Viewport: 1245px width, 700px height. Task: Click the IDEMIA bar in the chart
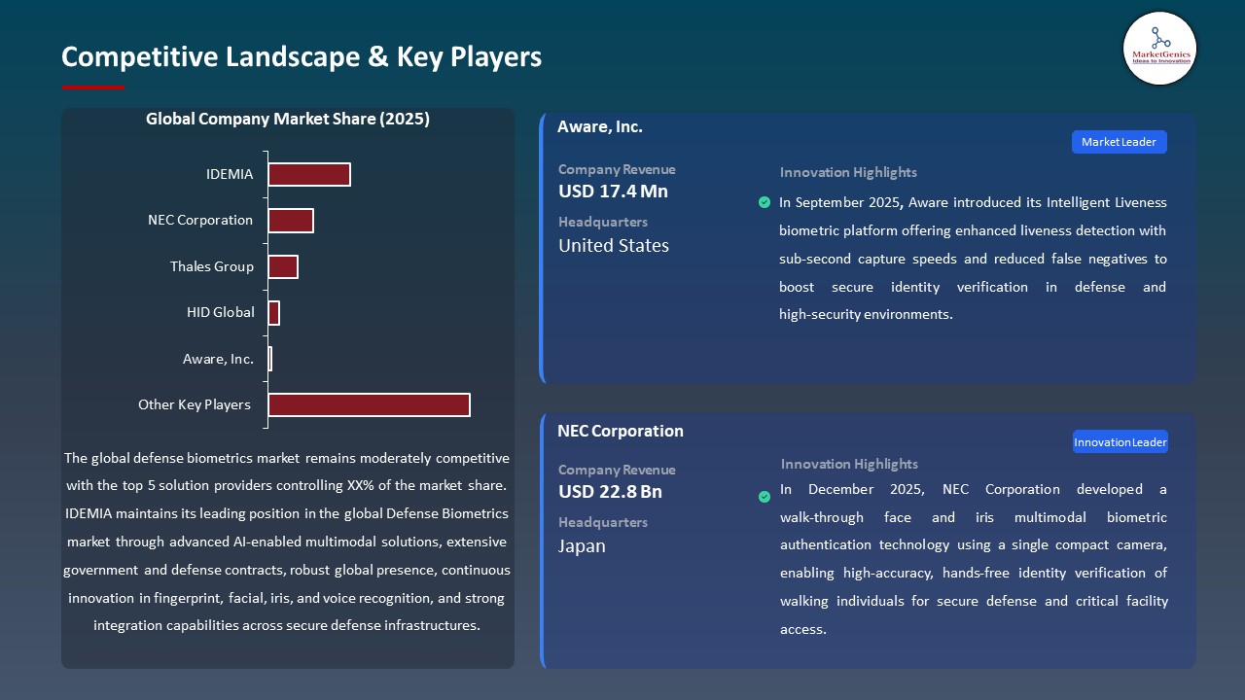click(308, 174)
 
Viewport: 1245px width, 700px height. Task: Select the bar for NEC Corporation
click(290, 221)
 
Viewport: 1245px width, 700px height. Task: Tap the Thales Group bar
click(282, 266)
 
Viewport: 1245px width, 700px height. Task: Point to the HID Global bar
click(273, 313)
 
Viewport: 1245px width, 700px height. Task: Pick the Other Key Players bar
click(369, 404)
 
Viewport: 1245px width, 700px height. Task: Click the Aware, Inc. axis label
click(218, 359)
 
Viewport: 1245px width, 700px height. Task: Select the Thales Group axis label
click(211, 266)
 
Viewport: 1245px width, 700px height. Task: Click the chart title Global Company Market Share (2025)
click(288, 119)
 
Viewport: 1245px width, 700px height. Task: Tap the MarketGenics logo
click(1159, 48)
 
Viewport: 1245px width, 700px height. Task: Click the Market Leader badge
click(1119, 142)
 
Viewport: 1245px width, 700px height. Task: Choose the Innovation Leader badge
click(1120, 442)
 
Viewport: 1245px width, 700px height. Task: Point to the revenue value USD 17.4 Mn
click(613, 192)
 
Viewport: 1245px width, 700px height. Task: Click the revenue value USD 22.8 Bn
click(610, 492)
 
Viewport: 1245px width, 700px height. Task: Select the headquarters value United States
click(614, 246)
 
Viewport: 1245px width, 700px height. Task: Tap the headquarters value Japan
click(582, 546)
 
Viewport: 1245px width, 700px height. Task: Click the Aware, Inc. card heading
click(600, 126)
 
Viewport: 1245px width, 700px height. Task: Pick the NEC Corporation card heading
click(621, 431)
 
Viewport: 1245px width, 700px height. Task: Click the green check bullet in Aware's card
click(765, 202)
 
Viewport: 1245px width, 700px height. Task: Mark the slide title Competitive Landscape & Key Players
click(302, 56)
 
